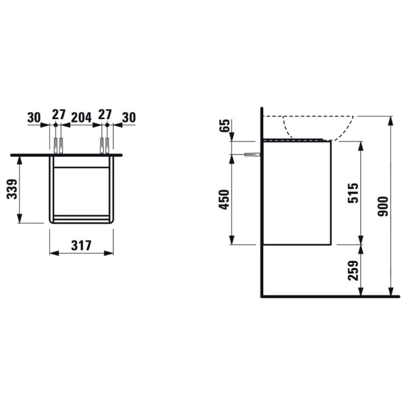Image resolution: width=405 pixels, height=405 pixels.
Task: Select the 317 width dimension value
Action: tap(82, 245)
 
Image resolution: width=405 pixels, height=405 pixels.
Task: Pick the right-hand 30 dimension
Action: tap(128, 117)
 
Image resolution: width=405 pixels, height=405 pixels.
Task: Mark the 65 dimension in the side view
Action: tap(226, 126)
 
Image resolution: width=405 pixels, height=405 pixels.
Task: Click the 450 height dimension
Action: tap(226, 199)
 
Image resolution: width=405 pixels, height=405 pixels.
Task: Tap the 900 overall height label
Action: tap(382, 206)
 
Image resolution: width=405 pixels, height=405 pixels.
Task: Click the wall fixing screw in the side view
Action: tap(251, 154)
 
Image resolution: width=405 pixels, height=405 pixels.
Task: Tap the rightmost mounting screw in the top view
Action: tap(107, 145)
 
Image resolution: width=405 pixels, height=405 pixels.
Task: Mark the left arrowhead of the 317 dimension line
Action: tap(53, 253)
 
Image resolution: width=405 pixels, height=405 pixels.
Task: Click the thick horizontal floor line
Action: tap(330, 297)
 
